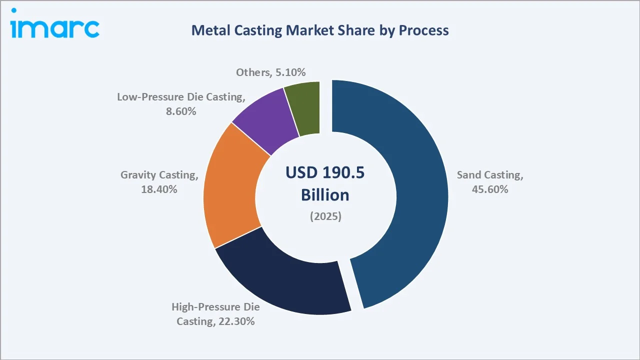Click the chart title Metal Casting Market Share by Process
[x=320, y=30]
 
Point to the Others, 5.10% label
[x=270, y=72]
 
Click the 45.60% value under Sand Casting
[x=490, y=189]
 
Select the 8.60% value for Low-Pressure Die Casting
[x=181, y=111]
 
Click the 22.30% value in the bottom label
[x=236, y=321]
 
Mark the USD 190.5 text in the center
[x=325, y=172]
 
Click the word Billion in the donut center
[x=325, y=195]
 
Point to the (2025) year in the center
[x=325, y=217]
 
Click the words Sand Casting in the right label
[x=490, y=175]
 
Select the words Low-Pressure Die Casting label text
[x=181, y=97]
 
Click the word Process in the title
[x=423, y=30]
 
